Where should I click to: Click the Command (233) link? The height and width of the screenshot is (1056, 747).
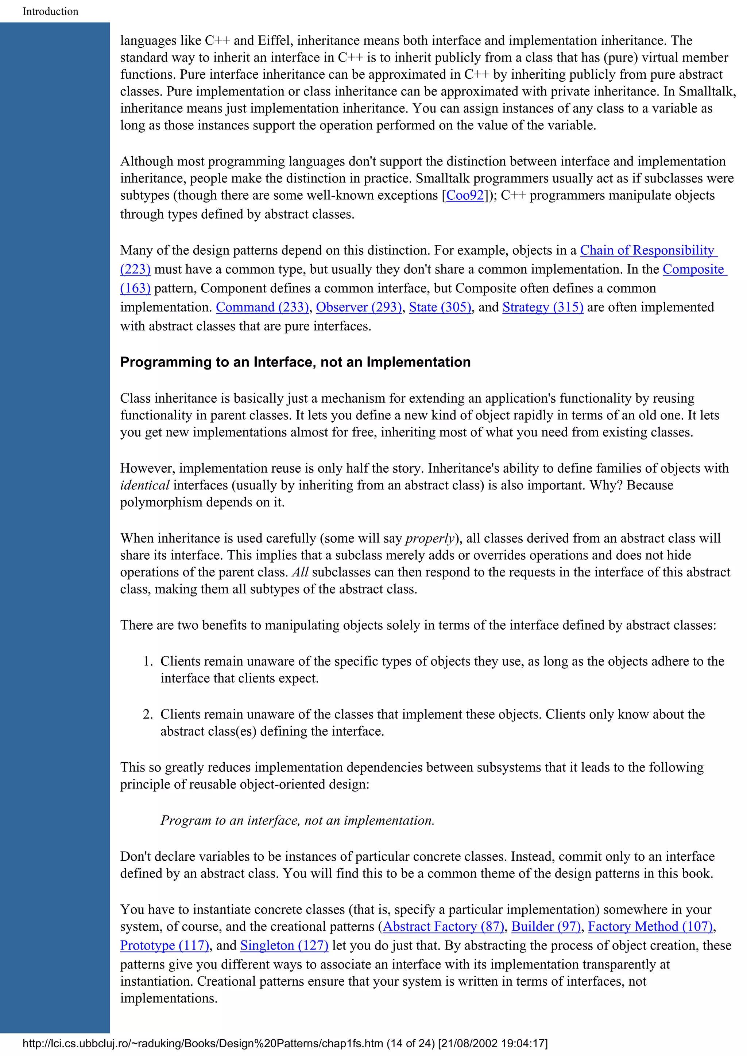(262, 307)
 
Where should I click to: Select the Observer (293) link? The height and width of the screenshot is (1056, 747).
(359, 307)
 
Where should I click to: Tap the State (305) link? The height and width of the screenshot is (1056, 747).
(440, 307)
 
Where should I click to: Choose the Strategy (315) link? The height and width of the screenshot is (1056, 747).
(543, 307)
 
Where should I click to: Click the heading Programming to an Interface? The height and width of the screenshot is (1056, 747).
(295, 362)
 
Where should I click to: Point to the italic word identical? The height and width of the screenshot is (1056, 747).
(144, 485)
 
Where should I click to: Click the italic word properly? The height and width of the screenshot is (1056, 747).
(429, 538)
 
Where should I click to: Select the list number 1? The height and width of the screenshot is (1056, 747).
(147, 661)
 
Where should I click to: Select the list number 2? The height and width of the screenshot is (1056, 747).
(147, 714)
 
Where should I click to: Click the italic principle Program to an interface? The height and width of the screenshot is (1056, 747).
(297, 821)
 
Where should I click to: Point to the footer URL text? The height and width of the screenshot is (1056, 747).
(285, 1044)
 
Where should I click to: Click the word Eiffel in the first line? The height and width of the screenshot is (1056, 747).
(274, 40)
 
